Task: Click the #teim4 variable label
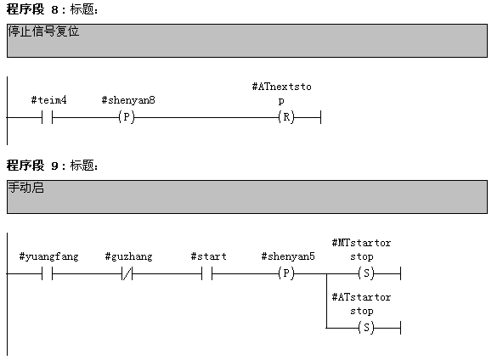click(48, 100)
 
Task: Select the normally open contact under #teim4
click(47, 118)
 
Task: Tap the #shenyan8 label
click(128, 100)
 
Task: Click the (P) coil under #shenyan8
click(127, 117)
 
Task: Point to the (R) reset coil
click(286, 117)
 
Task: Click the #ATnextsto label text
click(281, 87)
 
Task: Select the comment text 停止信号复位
click(43, 31)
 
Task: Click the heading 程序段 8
click(32, 9)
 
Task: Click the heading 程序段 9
click(32, 166)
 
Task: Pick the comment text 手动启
click(25, 188)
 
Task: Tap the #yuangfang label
click(48, 256)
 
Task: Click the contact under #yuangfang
click(47, 273)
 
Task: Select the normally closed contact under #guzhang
click(127, 273)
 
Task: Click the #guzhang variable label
click(128, 256)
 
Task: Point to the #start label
click(208, 256)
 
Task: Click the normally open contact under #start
click(207, 273)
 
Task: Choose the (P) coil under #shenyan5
click(286, 273)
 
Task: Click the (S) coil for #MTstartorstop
click(366, 273)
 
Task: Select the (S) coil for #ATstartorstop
click(366, 328)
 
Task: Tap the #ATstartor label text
click(361, 297)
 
